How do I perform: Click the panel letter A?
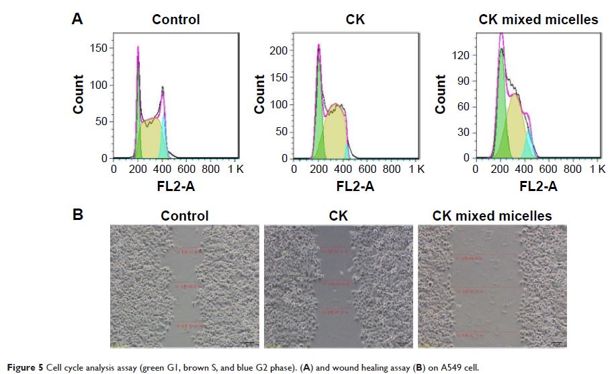point(77,20)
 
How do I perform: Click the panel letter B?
point(77,215)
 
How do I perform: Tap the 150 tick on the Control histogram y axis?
point(99,48)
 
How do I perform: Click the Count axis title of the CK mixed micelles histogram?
point(441,94)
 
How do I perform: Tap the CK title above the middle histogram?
point(354,20)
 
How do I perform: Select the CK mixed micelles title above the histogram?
point(537,20)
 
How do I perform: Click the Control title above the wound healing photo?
point(184,216)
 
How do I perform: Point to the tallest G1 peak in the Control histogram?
point(138,48)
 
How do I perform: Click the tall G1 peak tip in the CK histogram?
point(318,46)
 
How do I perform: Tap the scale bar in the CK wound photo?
point(400,344)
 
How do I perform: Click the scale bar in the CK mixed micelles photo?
point(556,344)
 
